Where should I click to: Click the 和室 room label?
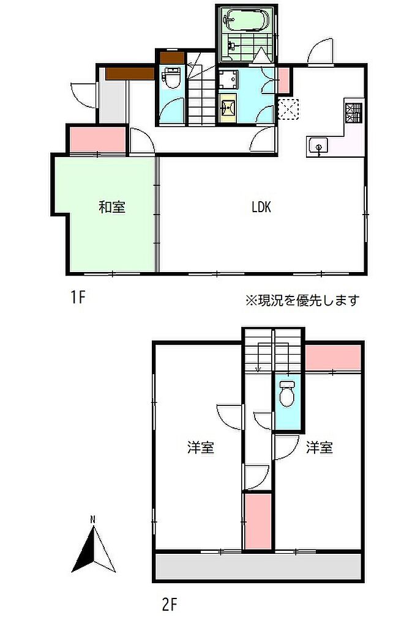[112, 207]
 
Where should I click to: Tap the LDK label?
[261, 207]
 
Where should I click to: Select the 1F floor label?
[78, 297]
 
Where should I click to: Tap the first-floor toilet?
[173, 78]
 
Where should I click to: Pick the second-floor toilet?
[286, 393]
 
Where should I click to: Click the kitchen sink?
[318, 147]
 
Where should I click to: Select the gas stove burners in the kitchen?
[353, 112]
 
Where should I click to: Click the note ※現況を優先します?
[302, 300]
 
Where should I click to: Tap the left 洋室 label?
[201, 447]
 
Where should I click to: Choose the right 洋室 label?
[320, 447]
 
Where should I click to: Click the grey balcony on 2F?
[258, 565]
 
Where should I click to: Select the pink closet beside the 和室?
[98, 140]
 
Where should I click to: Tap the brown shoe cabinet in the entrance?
[130, 73]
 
